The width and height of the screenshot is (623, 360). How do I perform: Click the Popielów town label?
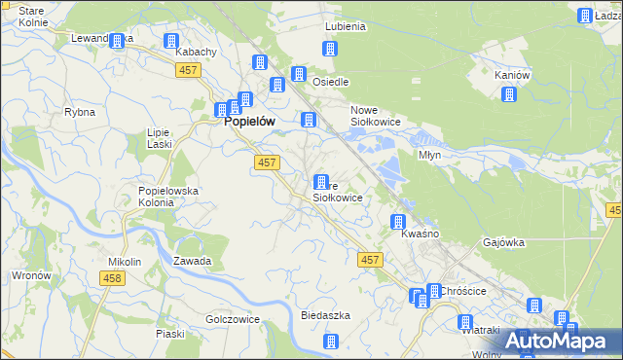[248, 122]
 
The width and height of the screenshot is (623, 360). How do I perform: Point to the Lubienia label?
[347, 27]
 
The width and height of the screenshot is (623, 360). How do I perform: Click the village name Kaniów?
[511, 75]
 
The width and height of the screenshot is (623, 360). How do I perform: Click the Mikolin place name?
[125, 262]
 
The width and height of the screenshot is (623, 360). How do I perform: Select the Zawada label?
[193, 261]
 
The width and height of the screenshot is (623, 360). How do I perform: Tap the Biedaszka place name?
[325, 316]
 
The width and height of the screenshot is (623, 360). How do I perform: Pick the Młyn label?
[429, 155]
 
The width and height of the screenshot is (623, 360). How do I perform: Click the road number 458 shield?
[112, 278]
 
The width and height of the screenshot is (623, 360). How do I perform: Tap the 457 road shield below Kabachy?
[189, 70]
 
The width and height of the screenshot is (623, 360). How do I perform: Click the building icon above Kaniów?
[508, 94]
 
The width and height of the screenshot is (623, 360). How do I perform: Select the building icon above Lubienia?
[331, 49]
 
